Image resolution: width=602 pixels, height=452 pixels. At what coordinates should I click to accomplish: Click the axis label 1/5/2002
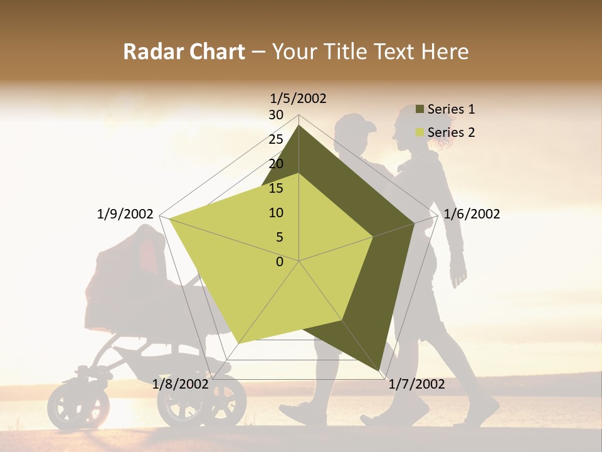(x=298, y=98)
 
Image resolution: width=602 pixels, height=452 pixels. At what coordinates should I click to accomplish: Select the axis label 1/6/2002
(x=472, y=214)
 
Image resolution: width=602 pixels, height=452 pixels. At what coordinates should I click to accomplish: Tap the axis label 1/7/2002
(x=416, y=384)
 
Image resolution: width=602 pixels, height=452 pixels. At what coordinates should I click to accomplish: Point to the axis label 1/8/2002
(x=180, y=384)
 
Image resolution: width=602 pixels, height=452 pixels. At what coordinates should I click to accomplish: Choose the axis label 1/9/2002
(x=125, y=214)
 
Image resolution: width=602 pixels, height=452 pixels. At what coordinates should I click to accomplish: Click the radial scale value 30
(x=276, y=115)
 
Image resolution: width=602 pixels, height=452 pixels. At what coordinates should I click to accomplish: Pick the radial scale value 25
(x=276, y=139)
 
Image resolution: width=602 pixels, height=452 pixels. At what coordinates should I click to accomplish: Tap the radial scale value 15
(x=276, y=188)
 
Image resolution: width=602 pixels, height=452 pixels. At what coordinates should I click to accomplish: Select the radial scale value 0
(x=280, y=262)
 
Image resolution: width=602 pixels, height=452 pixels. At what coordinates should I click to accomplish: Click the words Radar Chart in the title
(x=184, y=51)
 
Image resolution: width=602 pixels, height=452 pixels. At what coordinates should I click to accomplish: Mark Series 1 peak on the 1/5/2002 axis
(x=298, y=126)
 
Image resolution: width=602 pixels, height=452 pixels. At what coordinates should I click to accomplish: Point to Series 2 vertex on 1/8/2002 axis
(x=240, y=343)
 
